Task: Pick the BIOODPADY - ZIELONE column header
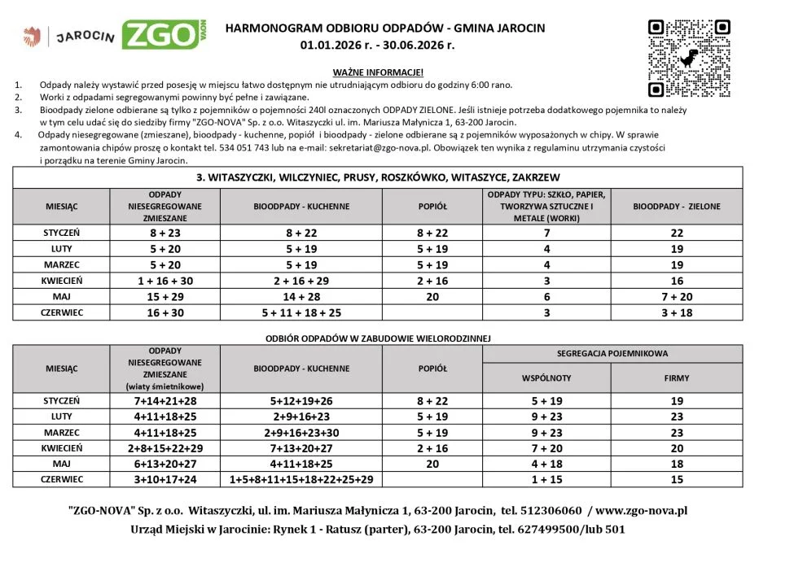click(x=677, y=207)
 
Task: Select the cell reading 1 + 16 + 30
click(x=165, y=280)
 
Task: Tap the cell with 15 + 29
click(x=165, y=296)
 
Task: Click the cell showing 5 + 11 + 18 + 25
click(x=301, y=312)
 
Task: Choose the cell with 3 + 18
click(x=677, y=312)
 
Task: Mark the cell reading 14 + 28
click(x=301, y=296)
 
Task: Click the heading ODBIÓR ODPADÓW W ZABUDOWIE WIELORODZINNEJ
click(x=378, y=338)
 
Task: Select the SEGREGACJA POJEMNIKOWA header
click(x=612, y=354)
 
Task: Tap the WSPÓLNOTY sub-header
click(x=546, y=378)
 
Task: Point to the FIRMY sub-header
click(x=677, y=378)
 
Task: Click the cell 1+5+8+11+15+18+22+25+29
click(x=301, y=480)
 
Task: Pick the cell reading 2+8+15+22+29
click(x=165, y=448)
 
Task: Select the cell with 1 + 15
click(x=546, y=480)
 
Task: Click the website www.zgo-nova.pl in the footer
click(x=643, y=511)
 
